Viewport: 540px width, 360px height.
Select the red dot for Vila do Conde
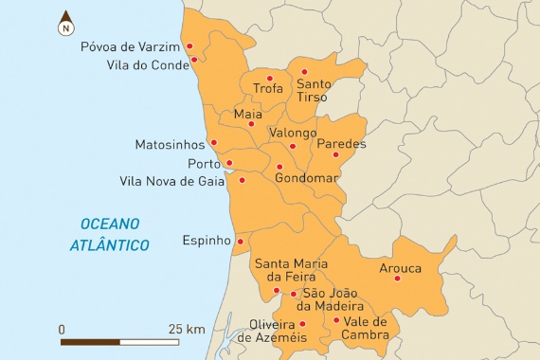pyautogui.click(x=194, y=60)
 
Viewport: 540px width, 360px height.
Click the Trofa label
pyautogui.click(x=268, y=89)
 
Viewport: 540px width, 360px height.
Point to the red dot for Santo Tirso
pyautogui.click(x=304, y=72)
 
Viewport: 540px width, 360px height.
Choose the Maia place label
pyautogui.click(x=247, y=114)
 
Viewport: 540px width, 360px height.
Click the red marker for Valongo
pyautogui.click(x=293, y=146)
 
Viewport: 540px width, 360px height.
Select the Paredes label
pyautogui.click(x=341, y=144)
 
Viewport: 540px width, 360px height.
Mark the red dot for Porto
pyautogui.click(x=227, y=163)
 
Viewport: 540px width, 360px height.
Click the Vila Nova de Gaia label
pyautogui.click(x=174, y=181)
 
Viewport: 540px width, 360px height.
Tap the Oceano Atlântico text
pyautogui.click(x=110, y=234)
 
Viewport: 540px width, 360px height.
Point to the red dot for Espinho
pyautogui.click(x=240, y=241)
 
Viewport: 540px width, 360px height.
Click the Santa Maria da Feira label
pyautogui.click(x=291, y=269)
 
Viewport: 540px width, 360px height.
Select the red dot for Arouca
pyautogui.click(x=397, y=279)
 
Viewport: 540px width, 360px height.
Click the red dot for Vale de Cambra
pyautogui.click(x=336, y=321)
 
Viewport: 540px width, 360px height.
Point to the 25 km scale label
pyautogui.click(x=188, y=329)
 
